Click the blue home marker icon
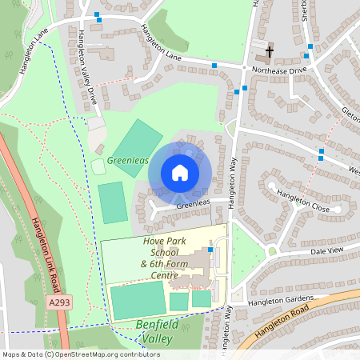[179, 173]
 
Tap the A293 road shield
[58, 303]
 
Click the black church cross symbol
[270, 53]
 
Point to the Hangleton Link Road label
[49, 249]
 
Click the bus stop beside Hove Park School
[210, 250]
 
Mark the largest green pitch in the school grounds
[137, 299]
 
